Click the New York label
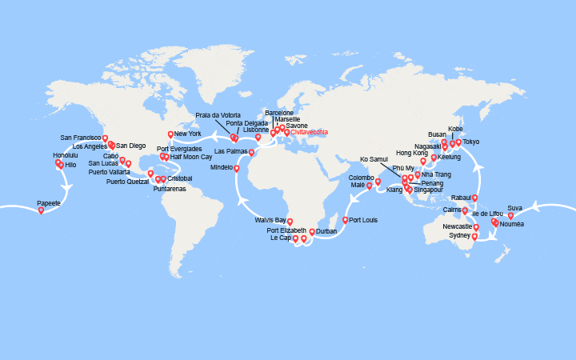(189, 134)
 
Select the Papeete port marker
(42, 210)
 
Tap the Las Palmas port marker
(251, 152)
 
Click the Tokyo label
(471, 142)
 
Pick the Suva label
(515, 208)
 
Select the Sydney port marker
(475, 236)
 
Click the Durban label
(326, 231)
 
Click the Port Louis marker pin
(346, 219)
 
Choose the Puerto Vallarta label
(110, 172)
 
